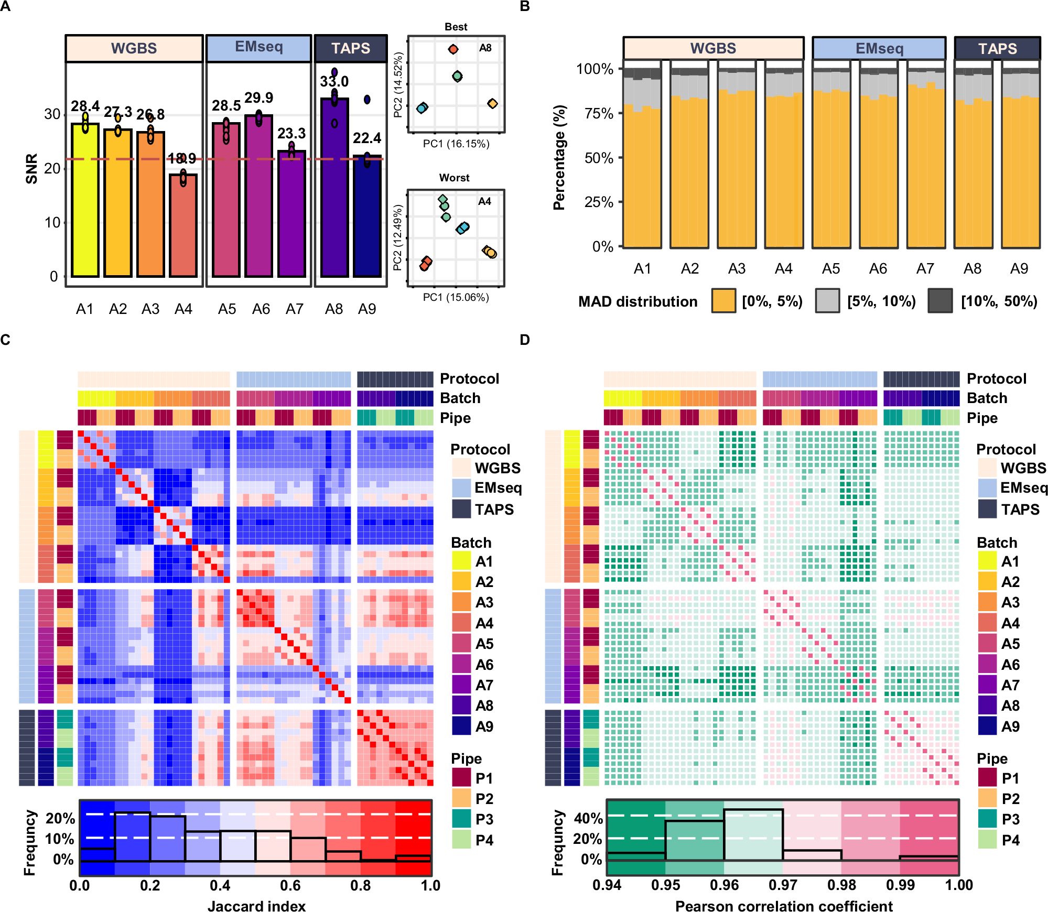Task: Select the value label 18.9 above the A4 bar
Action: pyautogui.click(x=182, y=158)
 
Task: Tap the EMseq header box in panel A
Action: pyautogui.click(x=259, y=48)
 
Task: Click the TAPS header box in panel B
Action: pyautogui.click(x=997, y=49)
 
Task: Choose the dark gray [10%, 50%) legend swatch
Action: pyautogui.click(x=940, y=301)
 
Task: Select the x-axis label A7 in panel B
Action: pyautogui.click(x=925, y=269)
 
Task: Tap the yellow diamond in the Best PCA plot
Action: pyautogui.click(x=492, y=104)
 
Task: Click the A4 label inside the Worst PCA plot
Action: pyautogui.click(x=484, y=202)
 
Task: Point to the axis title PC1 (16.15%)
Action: pyautogui.click(x=456, y=144)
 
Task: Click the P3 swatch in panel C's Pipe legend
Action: pyautogui.click(x=461, y=819)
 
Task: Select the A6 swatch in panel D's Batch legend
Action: pyautogui.click(x=987, y=665)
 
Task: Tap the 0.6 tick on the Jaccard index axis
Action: pyautogui.click(x=290, y=886)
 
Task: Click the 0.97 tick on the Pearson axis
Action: pyautogui.click(x=783, y=886)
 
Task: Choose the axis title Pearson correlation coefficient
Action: pyautogui.click(x=783, y=906)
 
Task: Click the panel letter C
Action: pyautogui.click(x=5, y=340)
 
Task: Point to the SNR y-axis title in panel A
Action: pyautogui.click(x=31, y=169)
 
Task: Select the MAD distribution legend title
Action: pyautogui.click(x=638, y=301)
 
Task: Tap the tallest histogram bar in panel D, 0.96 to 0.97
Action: pyautogui.click(x=753, y=834)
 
